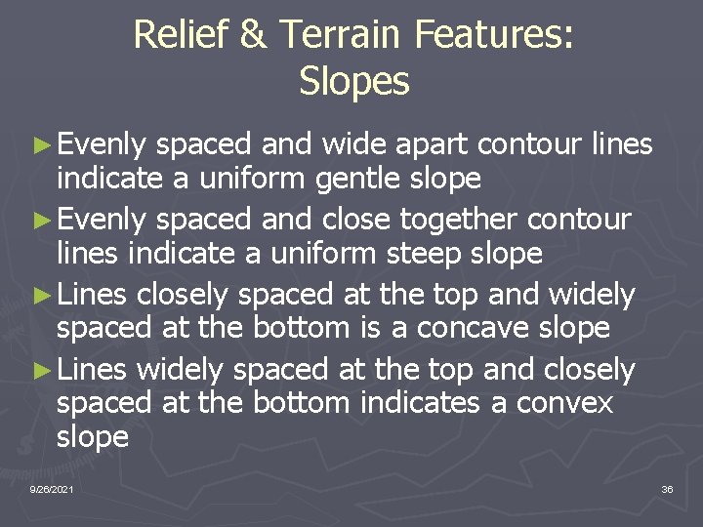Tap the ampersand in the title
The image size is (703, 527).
pos(253,35)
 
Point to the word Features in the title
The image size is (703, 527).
pos(494,35)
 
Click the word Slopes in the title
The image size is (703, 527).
pos(354,82)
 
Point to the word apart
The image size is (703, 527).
pos(429,144)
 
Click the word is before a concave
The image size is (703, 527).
pos(369,328)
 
